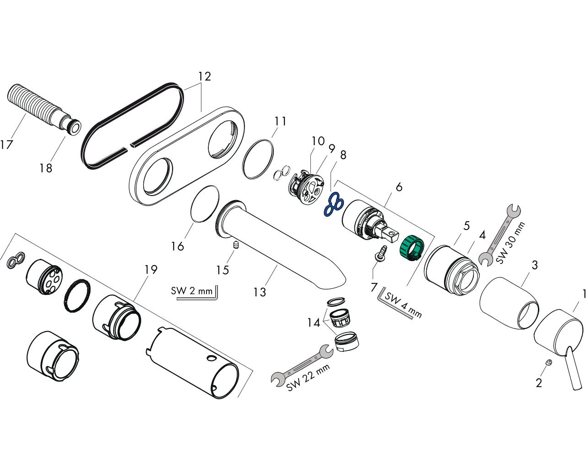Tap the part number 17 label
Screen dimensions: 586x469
click(6, 144)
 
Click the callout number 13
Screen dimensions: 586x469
click(260, 292)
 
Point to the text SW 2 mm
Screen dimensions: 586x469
click(191, 291)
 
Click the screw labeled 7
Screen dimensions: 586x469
click(381, 253)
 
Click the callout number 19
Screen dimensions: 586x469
click(151, 269)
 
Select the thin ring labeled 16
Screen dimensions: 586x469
click(205, 204)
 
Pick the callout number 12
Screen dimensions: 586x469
click(205, 76)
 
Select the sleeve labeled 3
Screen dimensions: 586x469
click(510, 302)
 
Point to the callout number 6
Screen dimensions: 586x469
click(399, 187)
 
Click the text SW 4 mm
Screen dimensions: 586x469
click(403, 305)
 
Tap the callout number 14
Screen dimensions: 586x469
click(314, 323)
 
